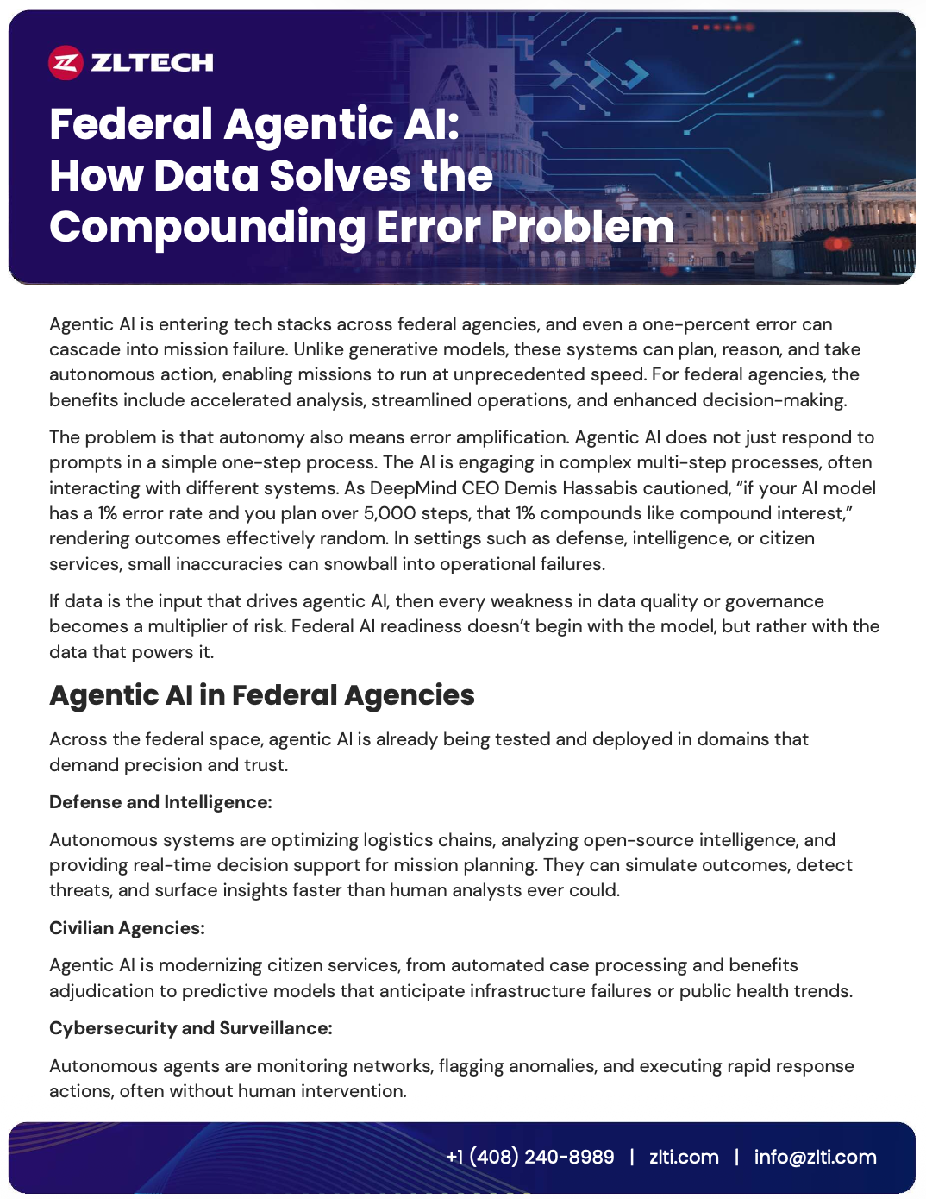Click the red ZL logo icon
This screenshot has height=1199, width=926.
(66, 62)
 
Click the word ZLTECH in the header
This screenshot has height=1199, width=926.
(152, 62)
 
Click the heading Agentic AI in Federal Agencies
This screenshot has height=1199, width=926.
(261, 695)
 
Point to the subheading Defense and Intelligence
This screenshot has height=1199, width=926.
(160, 802)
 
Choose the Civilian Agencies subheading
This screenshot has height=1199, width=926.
(127, 928)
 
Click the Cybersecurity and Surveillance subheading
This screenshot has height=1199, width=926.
(191, 1028)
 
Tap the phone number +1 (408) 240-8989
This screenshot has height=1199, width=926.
(529, 1157)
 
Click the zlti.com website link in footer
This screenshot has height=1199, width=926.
(684, 1157)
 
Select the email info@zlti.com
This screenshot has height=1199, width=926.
(815, 1157)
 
